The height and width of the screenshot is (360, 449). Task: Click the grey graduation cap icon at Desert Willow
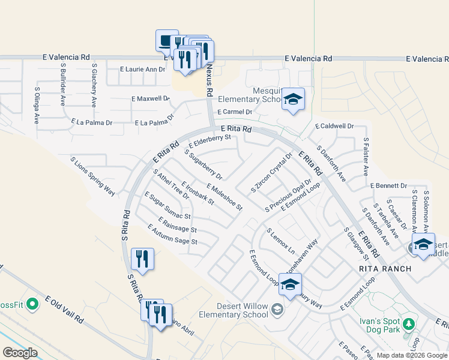(x=277, y=310)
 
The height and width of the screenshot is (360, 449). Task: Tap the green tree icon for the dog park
(x=409, y=325)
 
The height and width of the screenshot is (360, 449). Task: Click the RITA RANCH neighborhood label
(x=385, y=269)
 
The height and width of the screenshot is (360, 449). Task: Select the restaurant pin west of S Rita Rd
(x=142, y=259)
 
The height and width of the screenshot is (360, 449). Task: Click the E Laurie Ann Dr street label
(x=142, y=70)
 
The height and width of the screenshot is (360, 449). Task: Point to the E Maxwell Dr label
(x=150, y=98)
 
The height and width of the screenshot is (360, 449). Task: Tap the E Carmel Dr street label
(x=235, y=112)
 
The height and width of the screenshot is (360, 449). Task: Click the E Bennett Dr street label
(x=388, y=186)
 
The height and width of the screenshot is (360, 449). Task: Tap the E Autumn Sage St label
(x=172, y=234)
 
